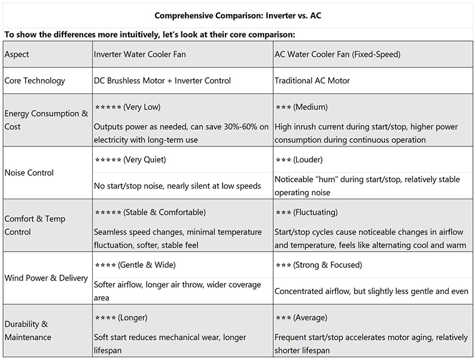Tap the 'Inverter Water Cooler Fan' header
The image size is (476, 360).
tap(141, 54)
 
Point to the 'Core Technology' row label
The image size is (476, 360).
tap(35, 80)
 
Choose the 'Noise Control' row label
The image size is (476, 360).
tap(29, 173)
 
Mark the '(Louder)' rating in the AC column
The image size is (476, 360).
tap(310, 160)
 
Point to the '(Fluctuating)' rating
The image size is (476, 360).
tap(316, 212)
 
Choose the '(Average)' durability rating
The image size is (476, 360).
tap(310, 317)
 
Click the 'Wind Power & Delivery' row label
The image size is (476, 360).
tap(46, 278)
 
